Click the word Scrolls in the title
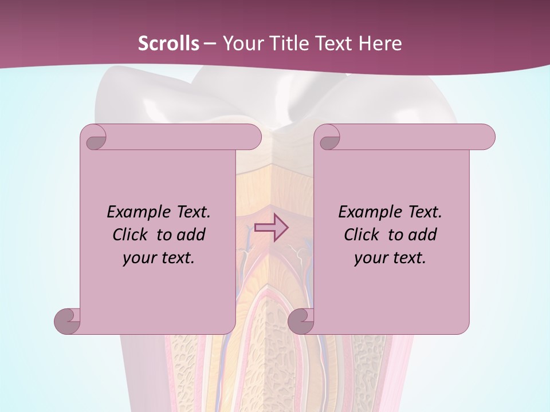click(168, 43)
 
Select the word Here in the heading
click(380, 43)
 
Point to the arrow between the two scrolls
click(271, 228)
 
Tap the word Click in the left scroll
click(131, 235)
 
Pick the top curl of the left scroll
click(95, 137)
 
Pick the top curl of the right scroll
click(329, 137)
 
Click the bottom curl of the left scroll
click(67, 322)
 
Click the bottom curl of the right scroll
click(301, 322)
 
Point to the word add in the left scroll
click(191, 235)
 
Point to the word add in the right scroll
click(422, 235)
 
